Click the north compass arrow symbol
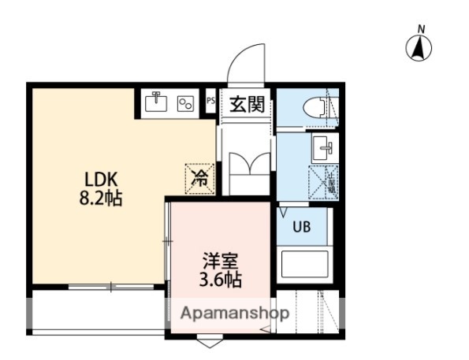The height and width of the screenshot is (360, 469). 420,49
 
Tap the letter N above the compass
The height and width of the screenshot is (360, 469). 421,30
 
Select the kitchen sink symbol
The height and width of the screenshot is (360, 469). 157,101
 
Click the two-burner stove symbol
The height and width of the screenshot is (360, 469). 186,102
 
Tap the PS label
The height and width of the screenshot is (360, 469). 210,101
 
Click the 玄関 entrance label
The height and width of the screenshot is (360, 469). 246,103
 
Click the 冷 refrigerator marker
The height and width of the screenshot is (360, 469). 200,178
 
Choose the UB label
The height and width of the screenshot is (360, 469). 302,228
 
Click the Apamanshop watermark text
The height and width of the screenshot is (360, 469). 235,313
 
